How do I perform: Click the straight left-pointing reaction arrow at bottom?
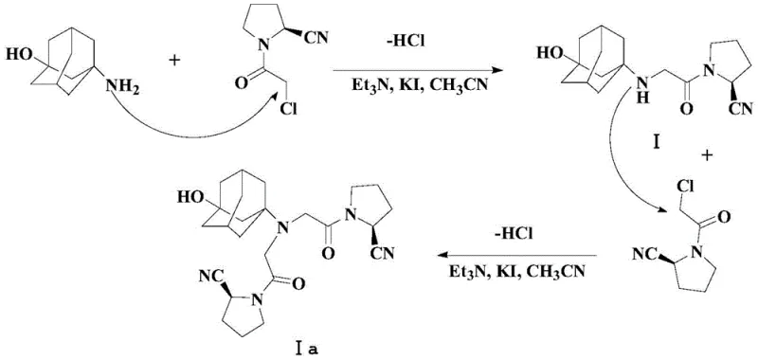pyautogui.click(x=516, y=255)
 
